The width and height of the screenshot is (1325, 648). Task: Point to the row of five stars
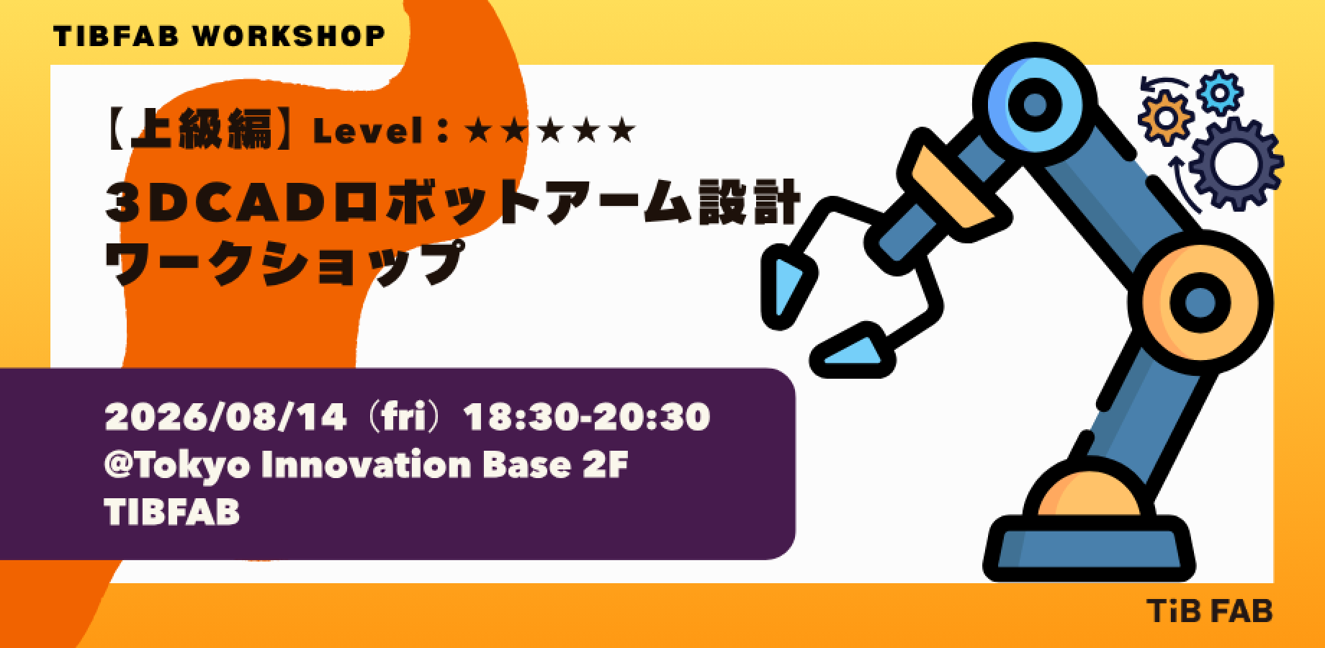click(x=551, y=130)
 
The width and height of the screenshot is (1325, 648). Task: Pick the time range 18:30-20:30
click(x=588, y=418)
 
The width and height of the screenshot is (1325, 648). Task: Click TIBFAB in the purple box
click(x=172, y=513)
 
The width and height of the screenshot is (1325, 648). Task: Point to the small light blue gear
click(x=1221, y=92)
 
